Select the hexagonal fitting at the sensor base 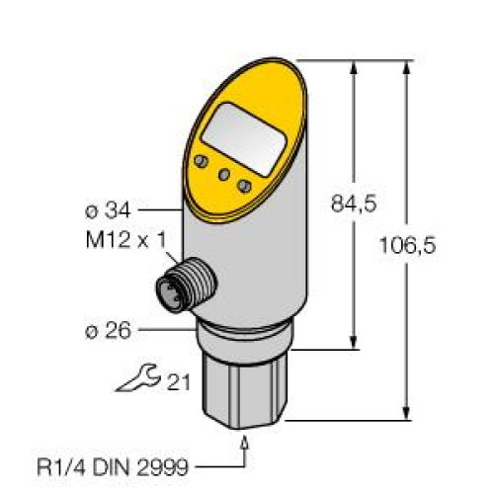(244, 387)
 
